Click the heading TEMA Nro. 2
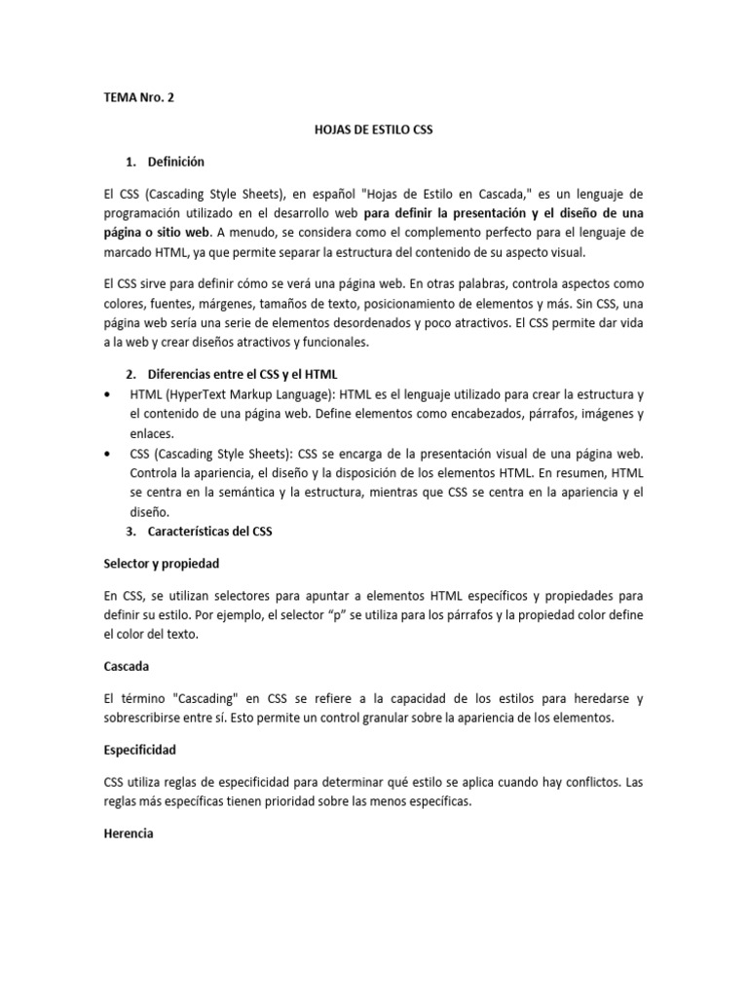[141, 98]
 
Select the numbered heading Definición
[176, 161]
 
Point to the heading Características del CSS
[210, 532]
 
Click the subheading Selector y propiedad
[161, 563]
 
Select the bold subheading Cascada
[128, 668]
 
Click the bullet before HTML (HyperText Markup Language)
[106, 394]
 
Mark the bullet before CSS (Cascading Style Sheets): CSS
[106, 454]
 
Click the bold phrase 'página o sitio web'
[157, 233]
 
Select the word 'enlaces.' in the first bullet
[152, 433]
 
